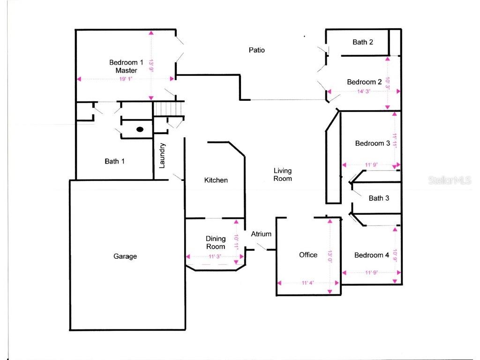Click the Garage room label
click(125, 256)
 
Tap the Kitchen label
click(216, 180)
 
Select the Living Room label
click(283, 174)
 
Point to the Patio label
click(256, 50)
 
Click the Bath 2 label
click(363, 42)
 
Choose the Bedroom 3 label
click(372, 143)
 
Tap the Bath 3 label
click(379, 198)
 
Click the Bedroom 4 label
click(372, 255)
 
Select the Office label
click(308, 255)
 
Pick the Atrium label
click(261, 234)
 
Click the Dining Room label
click(216, 243)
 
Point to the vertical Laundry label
click(162, 156)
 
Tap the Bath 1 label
click(114, 161)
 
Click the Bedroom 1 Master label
click(126, 66)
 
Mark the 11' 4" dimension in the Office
click(307, 283)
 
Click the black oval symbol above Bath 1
click(140, 129)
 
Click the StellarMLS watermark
click(450, 180)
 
